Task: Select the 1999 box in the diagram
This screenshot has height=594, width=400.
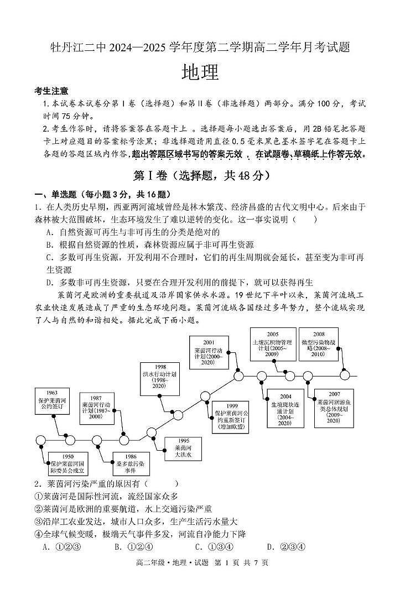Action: click(232, 416)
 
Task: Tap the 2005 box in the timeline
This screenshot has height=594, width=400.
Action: click(273, 343)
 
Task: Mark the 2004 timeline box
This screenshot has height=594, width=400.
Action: click(285, 409)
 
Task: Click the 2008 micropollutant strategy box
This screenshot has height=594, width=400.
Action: click(319, 343)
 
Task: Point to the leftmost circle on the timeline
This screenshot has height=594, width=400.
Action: click(40, 440)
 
